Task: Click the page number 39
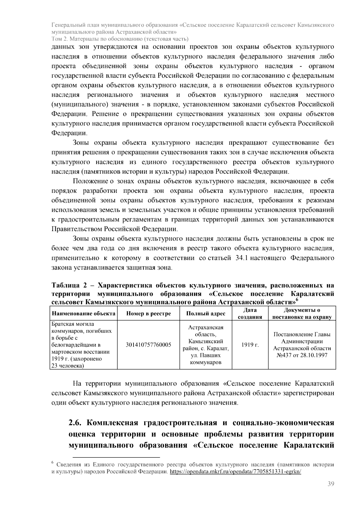click(331, 484)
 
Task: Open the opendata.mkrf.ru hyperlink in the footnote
click(235, 472)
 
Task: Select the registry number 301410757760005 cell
click(148, 345)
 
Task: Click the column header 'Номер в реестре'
click(148, 314)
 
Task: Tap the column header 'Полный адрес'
click(206, 314)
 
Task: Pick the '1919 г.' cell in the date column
click(250, 345)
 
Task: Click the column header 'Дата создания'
click(250, 314)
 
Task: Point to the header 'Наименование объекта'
click(84, 314)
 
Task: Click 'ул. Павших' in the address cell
click(206, 355)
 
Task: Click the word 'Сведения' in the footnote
click(69, 465)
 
